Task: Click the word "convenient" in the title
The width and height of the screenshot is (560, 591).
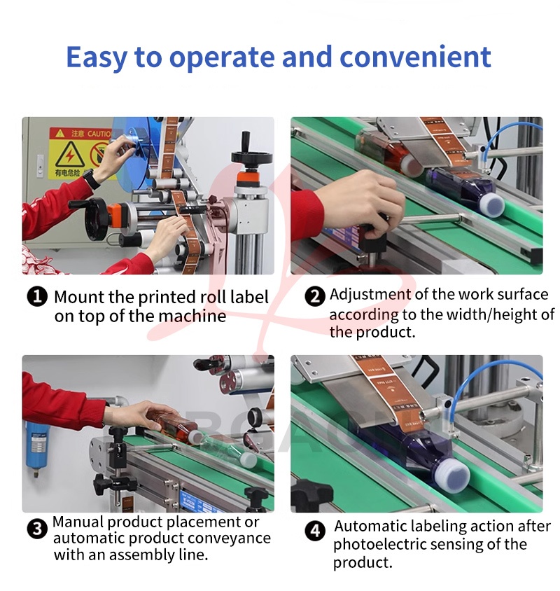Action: [415, 57]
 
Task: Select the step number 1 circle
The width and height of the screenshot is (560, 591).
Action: [37, 297]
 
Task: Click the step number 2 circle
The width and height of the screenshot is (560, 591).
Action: [314, 296]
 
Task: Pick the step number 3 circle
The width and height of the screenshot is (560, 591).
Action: [37, 529]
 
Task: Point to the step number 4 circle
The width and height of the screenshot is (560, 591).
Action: [314, 531]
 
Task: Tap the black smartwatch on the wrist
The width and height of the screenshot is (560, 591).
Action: [92, 179]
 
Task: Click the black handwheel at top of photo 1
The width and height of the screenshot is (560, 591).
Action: [248, 155]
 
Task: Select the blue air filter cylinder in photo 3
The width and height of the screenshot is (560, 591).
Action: [36, 446]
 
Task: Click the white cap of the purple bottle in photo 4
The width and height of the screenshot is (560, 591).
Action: [455, 473]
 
